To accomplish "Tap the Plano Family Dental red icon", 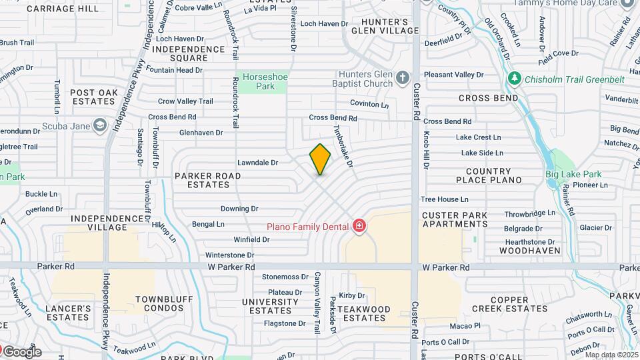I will (359, 227).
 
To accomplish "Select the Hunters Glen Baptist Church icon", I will (402, 78).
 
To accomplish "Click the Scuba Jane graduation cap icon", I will (99, 125).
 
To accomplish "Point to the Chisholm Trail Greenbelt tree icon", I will (514, 79).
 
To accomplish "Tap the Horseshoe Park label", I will (265, 81).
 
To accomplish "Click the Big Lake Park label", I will (573, 175).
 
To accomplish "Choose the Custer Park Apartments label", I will (455, 219).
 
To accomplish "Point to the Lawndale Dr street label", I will (257, 162).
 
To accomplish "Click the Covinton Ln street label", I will (369, 105).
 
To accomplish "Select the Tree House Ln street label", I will (445, 199).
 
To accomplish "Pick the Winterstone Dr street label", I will (230, 255).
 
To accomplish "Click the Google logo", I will (22, 352).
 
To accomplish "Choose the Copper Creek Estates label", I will (510, 304).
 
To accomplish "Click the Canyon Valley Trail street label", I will (318, 302).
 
